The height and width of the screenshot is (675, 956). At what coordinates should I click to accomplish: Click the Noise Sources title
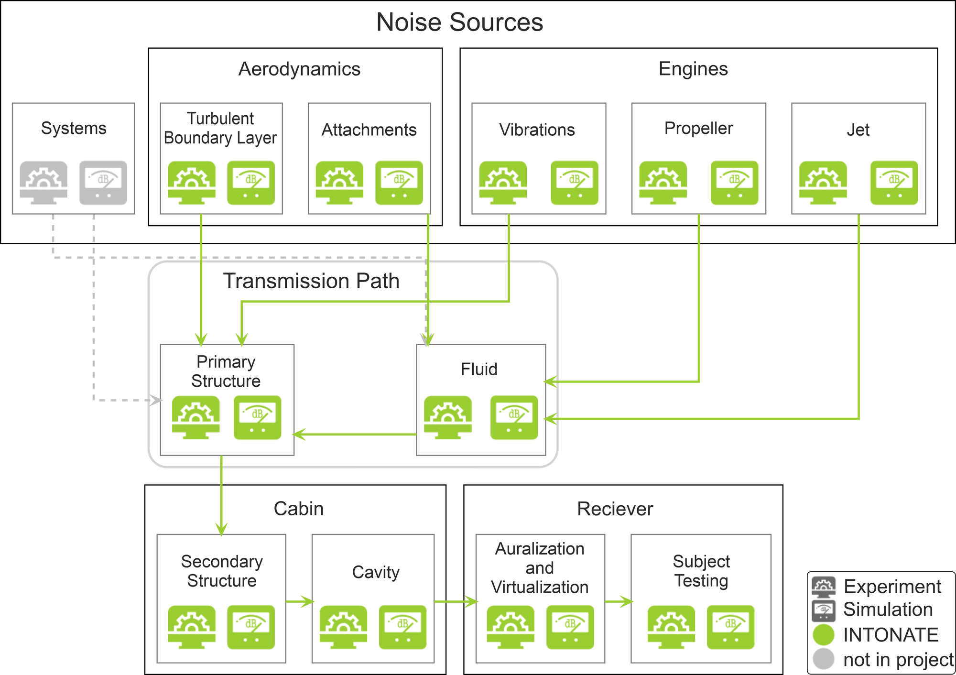pos(459,22)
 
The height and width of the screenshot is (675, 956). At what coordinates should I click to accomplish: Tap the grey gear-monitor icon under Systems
pos(43,183)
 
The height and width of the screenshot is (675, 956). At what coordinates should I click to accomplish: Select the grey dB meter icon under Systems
pos(103,183)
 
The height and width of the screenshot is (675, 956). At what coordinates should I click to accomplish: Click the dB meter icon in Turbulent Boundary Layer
pos(251,183)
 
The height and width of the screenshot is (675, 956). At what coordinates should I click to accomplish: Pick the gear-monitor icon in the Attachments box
pos(339,183)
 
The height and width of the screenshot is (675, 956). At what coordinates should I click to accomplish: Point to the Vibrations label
pos(537,130)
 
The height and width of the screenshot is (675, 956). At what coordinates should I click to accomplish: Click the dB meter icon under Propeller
pos(734,183)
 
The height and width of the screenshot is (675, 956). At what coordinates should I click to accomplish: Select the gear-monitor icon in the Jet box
pos(823,183)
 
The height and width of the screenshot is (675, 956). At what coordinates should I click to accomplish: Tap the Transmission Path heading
pos(311,281)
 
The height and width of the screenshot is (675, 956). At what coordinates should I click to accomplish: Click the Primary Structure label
pos(226,371)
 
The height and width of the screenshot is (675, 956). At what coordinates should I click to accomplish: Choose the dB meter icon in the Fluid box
pos(514,417)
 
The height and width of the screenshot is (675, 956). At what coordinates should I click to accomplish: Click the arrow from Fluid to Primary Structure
pos(354,434)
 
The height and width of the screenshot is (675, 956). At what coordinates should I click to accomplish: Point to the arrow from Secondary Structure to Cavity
pos(300,601)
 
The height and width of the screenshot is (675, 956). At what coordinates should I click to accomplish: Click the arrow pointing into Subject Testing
pos(619,601)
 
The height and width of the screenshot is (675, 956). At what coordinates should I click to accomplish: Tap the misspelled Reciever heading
pos(615,509)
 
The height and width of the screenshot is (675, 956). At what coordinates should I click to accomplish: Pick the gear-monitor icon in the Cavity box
pos(343,627)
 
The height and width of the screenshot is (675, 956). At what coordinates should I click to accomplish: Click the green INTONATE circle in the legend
pos(823,635)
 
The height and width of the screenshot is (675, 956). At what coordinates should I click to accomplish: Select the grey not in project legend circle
pos(823,659)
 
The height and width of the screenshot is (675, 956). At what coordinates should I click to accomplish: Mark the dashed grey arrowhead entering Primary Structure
pos(155,400)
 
